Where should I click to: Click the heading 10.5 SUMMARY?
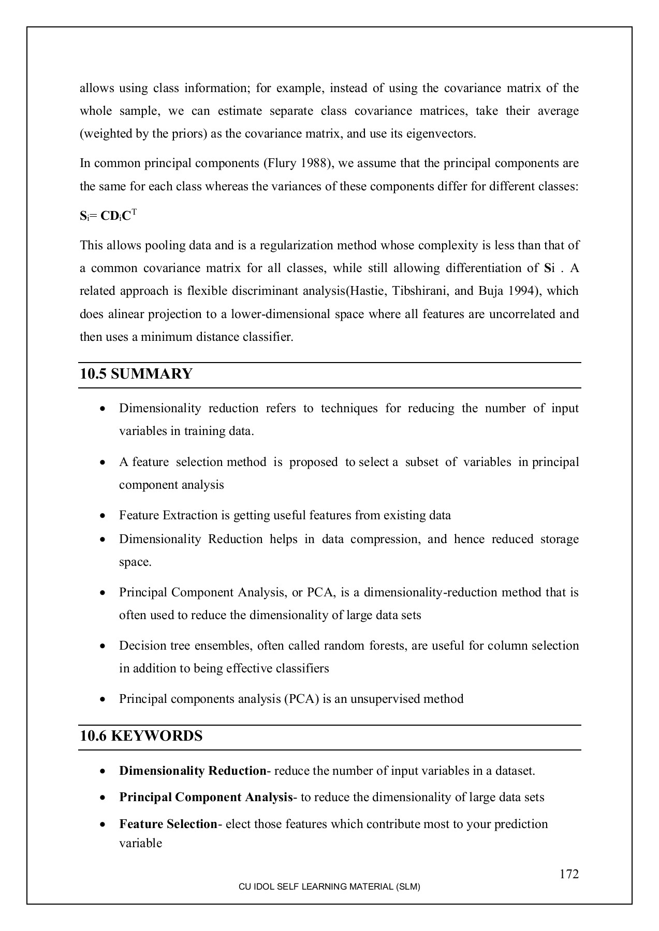[x=136, y=374]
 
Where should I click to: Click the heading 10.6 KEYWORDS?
[x=141, y=736]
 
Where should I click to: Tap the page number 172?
[x=569, y=874]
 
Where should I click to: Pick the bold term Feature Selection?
[x=168, y=824]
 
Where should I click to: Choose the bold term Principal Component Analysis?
[x=206, y=797]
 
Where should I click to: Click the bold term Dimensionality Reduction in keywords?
[x=193, y=771]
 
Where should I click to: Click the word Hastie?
[x=367, y=291]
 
